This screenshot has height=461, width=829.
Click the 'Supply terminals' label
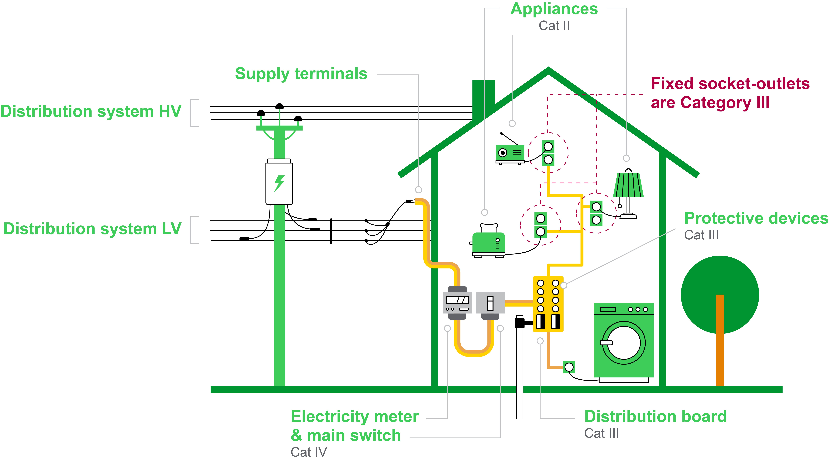301,74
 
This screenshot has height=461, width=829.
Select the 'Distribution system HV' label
91,112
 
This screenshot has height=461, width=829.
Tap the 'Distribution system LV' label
92,229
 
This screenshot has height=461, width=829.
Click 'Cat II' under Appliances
554,26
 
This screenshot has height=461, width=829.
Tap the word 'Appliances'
554,9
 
